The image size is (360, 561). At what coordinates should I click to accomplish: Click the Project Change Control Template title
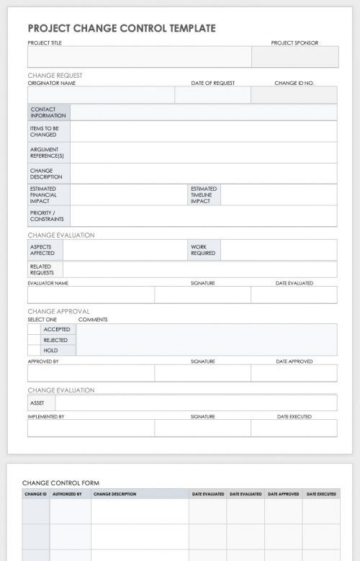[x=121, y=28]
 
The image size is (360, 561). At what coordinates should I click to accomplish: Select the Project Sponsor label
[x=294, y=43]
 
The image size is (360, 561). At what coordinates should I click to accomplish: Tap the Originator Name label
[x=51, y=83]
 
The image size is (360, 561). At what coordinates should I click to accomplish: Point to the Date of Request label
[x=212, y=83]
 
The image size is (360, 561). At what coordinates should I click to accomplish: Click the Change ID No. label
[x=294, y=83]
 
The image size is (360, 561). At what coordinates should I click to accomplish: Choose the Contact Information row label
[x=48, y=112]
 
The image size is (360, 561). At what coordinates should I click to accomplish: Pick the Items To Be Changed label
[x=44, y=131]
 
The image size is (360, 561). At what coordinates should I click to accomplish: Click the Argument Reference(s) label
[x=47, y=153]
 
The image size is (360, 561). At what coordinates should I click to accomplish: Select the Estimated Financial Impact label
[x=43, y=195]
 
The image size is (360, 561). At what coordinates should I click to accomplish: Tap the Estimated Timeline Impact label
[x=204, y=195]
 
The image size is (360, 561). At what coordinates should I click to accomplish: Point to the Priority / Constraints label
[x=47, y=216]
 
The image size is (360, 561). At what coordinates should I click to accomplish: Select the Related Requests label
[x=42, y=269]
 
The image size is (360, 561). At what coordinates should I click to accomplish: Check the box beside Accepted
[x=33, y=329]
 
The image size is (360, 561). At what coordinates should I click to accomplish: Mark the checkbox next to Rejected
[x=33, y=340]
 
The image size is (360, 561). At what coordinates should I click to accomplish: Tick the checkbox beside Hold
[x=33, y=351]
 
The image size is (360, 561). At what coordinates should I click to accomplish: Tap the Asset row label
[x=37, y=403]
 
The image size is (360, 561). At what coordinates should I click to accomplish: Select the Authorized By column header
[x=67, y=494]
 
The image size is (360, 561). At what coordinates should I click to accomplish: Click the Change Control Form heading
[x=60, y=483]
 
